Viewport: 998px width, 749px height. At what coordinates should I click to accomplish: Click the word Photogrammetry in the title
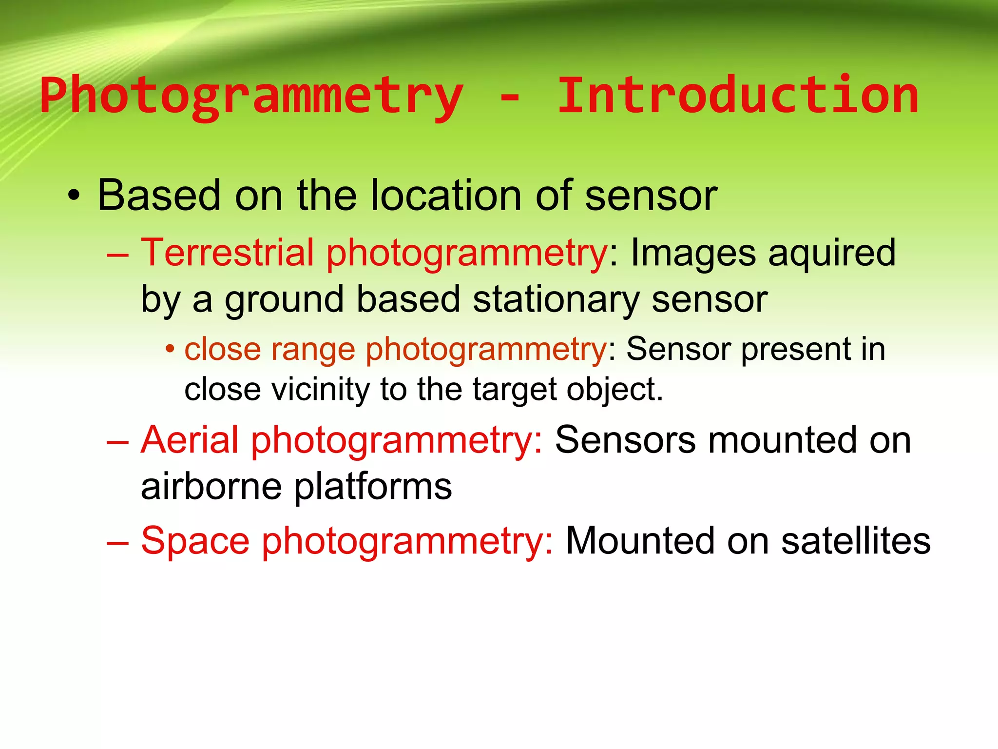pos(251,97)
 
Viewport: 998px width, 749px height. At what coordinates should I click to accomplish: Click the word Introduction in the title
pos(737,96)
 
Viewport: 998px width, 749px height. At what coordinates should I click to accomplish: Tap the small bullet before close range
pos(169,349)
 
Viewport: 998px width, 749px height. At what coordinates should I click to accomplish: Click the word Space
pos(195,541)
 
